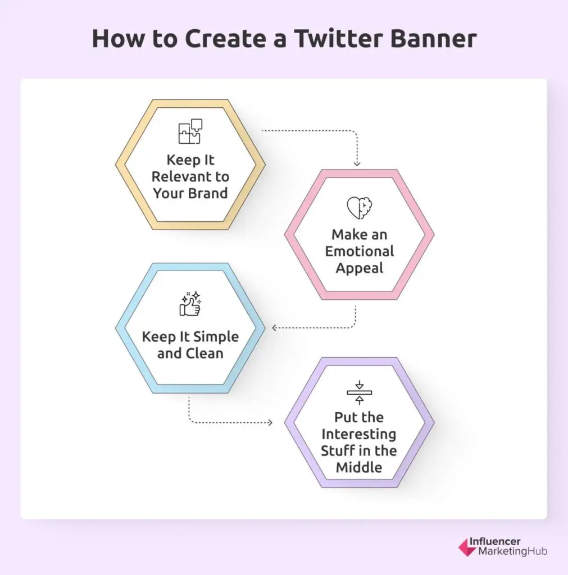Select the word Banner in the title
433,38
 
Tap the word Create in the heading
225,38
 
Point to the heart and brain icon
360,208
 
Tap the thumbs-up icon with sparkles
190,304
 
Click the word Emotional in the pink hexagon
360,252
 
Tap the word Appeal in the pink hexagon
360,268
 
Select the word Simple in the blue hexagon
216,337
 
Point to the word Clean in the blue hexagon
205,354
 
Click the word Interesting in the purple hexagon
359,434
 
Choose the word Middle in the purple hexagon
359,468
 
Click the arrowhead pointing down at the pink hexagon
357,163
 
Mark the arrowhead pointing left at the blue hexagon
274,327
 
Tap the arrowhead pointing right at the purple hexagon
270,423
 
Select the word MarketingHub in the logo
512,551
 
